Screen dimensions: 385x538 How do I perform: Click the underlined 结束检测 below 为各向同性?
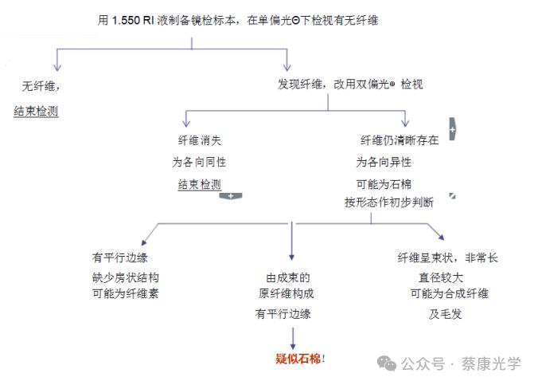(x=200, y=183)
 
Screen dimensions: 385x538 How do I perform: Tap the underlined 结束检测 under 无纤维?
(x=36, y=111)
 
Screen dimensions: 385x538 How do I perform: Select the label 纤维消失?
(x=200, y=140)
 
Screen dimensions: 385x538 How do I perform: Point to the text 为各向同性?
(x=200, y=162)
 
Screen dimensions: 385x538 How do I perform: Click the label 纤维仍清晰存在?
(x=399, y=140)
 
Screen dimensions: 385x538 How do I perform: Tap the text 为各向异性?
(x=384, y=162)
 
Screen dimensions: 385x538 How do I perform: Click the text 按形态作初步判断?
(x=389, y=202)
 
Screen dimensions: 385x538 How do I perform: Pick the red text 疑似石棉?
(x=297, y=359)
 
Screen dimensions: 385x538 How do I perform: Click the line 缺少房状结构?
(x=126, y=277)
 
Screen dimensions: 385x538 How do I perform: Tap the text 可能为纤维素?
(x=126, y=294)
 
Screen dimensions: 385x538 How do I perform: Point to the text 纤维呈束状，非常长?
(x=447, y=258)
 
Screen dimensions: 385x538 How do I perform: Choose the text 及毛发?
(x=446, y=314)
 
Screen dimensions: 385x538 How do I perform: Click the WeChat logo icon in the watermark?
(x=388, y=363)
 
